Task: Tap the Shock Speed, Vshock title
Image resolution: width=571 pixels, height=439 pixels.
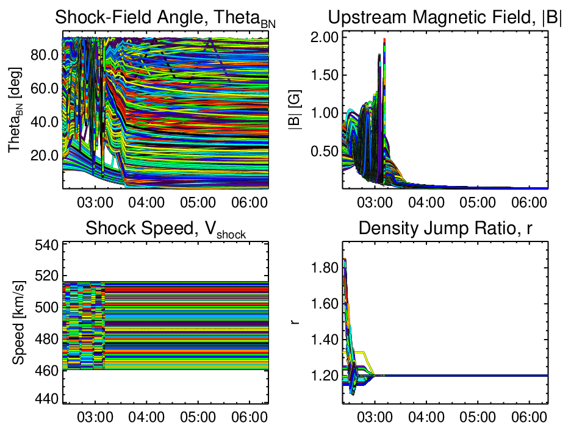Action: pos(166,230)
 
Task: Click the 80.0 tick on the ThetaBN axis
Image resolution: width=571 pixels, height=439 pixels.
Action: pos(42,55)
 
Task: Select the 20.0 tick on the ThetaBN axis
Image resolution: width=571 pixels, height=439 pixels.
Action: pos(42,155)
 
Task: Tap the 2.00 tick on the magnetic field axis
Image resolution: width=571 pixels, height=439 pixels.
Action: pos(324,38)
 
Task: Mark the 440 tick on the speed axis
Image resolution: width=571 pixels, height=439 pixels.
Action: pos(49,399)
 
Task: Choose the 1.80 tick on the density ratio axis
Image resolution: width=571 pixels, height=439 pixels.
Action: pos(324,267)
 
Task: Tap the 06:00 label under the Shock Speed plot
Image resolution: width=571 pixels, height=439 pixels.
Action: pos(250,414)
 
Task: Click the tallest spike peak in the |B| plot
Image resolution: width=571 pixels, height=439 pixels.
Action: pos(384,39)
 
